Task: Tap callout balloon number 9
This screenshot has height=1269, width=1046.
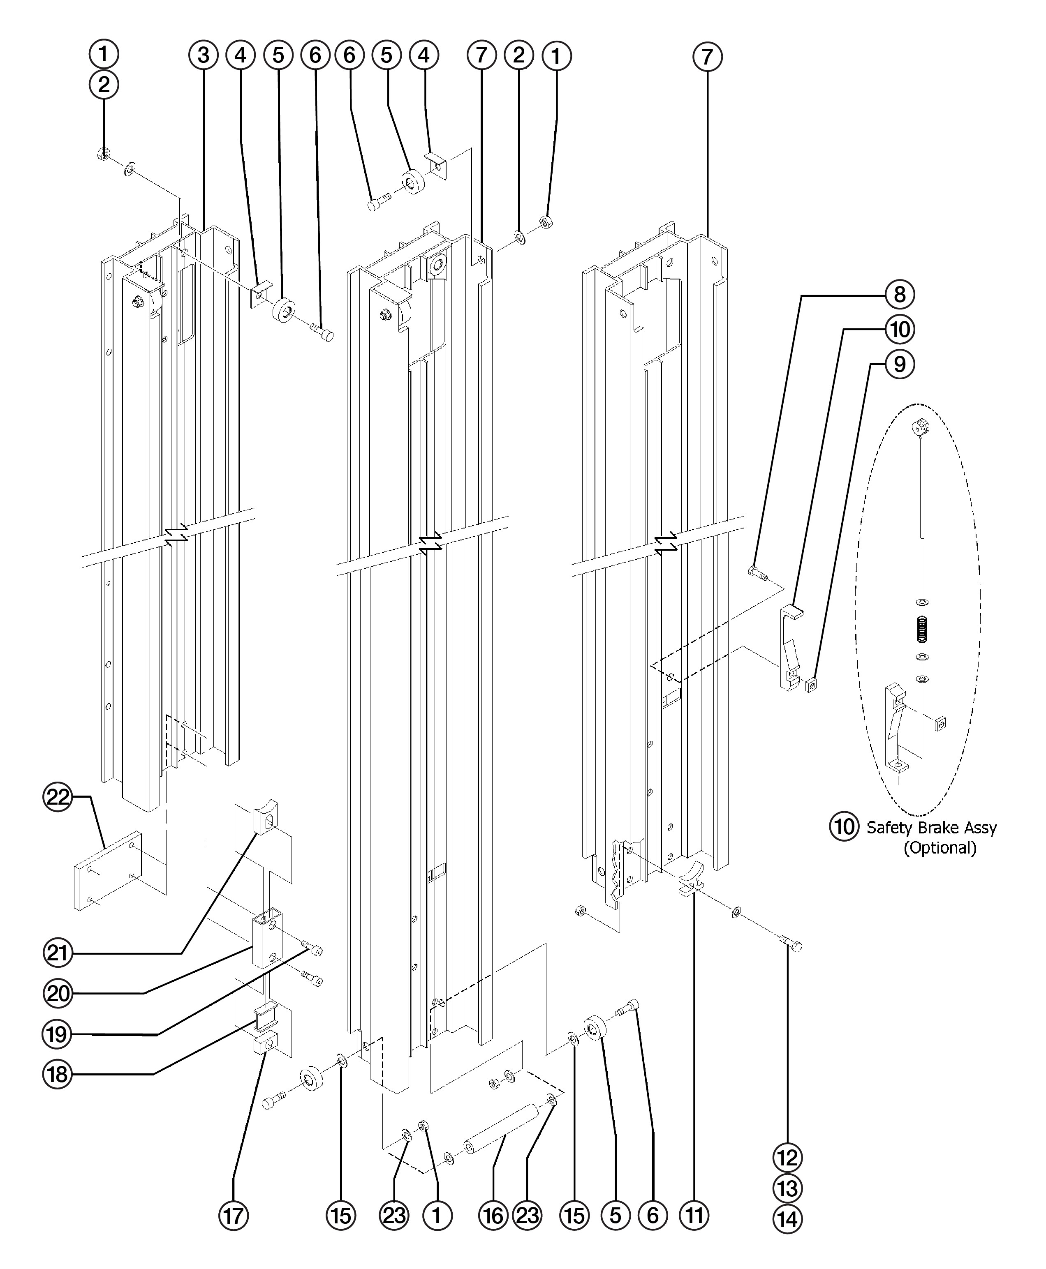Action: (x=899, y=365)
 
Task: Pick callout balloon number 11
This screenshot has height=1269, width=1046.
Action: (x=694, y=1216)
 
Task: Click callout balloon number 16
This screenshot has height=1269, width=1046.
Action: (x=493, y=1216)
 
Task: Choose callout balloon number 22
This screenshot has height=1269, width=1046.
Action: (x=58, y=798)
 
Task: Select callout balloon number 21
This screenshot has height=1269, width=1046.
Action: (x=58, y=953)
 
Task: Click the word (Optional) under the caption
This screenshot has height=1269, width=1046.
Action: (x=940, y=848)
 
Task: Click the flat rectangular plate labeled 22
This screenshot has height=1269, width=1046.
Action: (x=107, y=872)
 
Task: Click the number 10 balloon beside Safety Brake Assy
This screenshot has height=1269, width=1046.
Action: (x=845, y=827)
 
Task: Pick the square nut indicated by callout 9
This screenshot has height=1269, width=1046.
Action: (x=811, y=684)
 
